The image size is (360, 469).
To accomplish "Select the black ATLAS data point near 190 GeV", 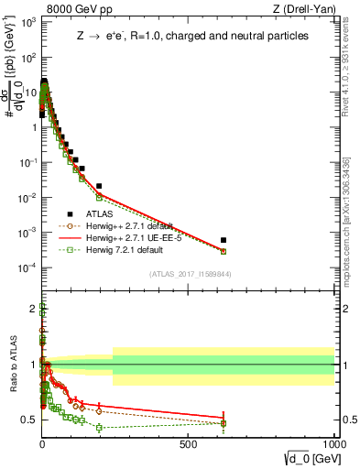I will click(99, 186).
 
